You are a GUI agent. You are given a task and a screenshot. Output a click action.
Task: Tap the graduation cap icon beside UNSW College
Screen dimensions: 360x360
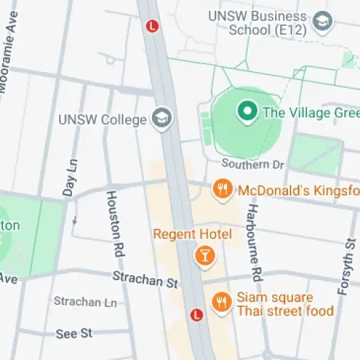pos(161,117)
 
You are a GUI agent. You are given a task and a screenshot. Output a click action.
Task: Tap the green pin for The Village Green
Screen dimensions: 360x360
pos(248,112)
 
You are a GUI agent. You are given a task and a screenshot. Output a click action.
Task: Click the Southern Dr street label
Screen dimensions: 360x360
pos(253,165)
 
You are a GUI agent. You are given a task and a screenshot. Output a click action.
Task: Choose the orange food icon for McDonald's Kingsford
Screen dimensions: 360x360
pos(222,190)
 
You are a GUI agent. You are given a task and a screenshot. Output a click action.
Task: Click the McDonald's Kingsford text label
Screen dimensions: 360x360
pos(298,191)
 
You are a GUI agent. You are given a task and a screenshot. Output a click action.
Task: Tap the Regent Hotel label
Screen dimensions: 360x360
pos(193,235)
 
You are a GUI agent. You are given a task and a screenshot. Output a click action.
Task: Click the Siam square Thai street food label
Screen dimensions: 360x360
pos(286,305)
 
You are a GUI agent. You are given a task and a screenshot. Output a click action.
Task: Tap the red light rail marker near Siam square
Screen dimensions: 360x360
pos(194,315)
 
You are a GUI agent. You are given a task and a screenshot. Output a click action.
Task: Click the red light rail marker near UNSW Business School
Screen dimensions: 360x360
pos(151,26)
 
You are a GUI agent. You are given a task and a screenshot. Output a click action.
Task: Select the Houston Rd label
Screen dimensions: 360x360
pos(114,224)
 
